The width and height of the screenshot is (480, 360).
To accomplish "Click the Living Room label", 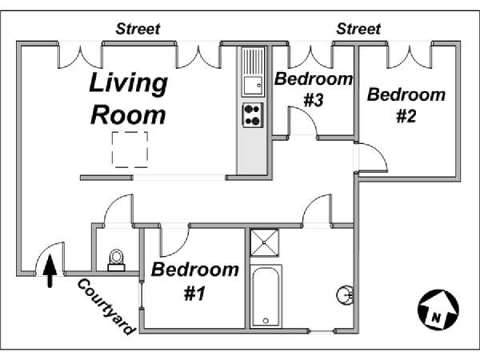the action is click(x=128, y=98).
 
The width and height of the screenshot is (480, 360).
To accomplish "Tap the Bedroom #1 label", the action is click(x=195, y=281).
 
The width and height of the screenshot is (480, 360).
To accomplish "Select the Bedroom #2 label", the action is click(x=406, y=105).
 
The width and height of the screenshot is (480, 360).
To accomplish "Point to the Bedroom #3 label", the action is click(x=314, y=89).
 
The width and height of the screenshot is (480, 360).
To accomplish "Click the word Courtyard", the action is click(x=106, y=306).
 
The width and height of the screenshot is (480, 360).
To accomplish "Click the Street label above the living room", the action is click(x=138, y=29).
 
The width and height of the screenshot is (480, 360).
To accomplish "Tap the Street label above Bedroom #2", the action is click(x=358, y=29).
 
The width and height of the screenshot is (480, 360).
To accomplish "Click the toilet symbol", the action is click(x=116, y=260).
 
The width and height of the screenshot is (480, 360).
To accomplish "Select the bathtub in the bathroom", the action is click(x=266, y=296).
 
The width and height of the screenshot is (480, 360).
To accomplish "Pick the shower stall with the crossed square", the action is click(x=265, y=242).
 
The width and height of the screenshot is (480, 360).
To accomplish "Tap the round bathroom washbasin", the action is click(x=345, y=295).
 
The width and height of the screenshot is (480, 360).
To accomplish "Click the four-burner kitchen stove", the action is click(x=253, y=115).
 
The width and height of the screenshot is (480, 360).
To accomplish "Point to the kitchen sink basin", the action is click(x=253, y=86).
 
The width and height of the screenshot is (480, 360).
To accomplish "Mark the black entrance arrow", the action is click(x=50, y=271).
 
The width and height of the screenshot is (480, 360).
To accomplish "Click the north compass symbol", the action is click(x=438, y=310).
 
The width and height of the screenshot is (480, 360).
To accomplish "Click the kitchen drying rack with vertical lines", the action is click(x=253, y=61).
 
